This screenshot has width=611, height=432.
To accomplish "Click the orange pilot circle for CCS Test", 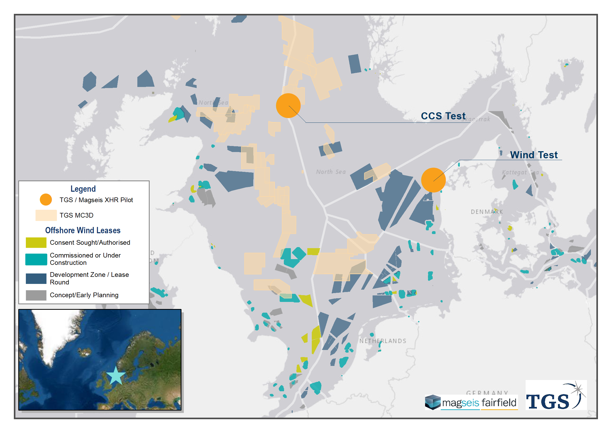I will pos(288,106).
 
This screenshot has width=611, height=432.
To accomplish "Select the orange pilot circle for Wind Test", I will pos(433,180).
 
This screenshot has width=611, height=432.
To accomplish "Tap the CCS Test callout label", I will pos(443,116).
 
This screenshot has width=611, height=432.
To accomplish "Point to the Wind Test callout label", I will pos(533,155).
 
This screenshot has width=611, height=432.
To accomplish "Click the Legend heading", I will pos(83,189).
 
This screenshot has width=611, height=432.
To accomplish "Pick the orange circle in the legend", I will pos(46,200).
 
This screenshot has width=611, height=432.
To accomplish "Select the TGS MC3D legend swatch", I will pos(46,215).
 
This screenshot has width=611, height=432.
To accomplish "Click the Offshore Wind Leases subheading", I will pos(83,230).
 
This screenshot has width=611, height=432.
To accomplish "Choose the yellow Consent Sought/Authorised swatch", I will pos(36,242).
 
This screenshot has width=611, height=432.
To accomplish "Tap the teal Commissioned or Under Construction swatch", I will pos(36,259).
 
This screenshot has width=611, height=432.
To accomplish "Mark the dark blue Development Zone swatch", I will pos(36,278).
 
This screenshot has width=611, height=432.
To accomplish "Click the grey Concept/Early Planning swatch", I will pos(36,295).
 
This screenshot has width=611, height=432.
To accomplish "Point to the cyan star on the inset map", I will pos(116,376).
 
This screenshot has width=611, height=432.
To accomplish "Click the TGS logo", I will pos(556,395).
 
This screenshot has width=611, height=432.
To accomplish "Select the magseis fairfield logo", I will pos(471,402).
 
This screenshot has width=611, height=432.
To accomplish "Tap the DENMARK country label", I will pos(487,212).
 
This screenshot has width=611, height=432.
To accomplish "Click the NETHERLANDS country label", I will pos(383,341).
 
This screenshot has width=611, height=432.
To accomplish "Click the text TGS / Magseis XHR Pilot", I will pos(96,200).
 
